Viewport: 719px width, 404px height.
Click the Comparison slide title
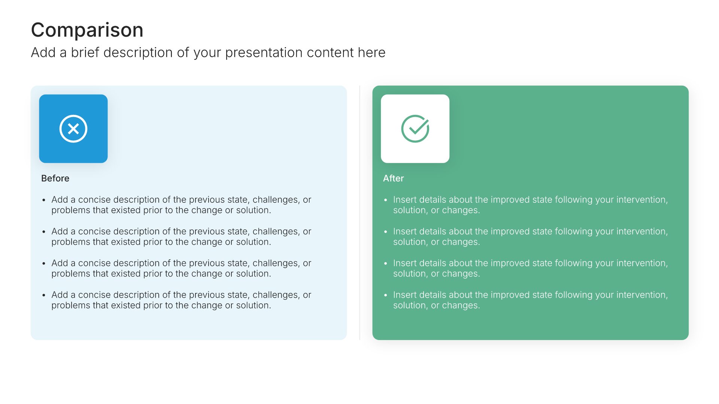point(87,30)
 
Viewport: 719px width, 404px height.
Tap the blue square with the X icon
point(73,129)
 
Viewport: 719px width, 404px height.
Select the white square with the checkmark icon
point(415,129)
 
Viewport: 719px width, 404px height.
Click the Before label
point(55,178)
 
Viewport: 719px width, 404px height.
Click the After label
point(393,178)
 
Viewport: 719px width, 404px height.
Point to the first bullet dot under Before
point(44,200)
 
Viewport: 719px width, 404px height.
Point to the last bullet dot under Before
point(44,296)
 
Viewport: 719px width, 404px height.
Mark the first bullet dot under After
point(386,200)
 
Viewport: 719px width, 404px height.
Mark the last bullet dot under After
point(386,296)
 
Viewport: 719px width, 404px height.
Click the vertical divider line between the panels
point(359,212)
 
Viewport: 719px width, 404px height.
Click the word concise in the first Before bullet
point(94,200)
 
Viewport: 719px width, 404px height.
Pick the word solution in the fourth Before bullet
point(253,306)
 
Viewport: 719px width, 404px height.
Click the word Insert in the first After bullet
point(405,200)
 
